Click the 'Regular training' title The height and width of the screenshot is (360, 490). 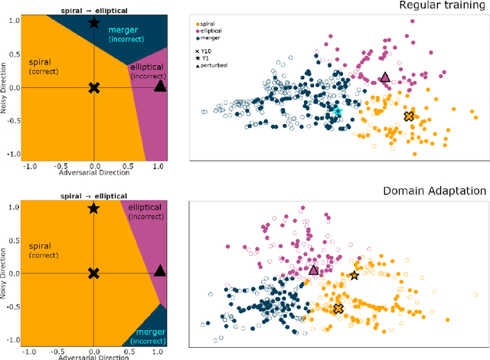[446, 5]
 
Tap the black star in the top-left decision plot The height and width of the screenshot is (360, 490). [93, 23]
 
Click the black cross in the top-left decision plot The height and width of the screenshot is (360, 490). [93, 87]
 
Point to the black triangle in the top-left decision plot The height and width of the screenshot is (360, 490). [159, 86]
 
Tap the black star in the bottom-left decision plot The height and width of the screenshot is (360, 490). [93, 208]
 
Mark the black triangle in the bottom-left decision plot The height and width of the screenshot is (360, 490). [159, 270]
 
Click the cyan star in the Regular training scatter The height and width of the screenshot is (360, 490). [337, 112]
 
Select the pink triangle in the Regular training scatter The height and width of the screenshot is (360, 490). [385, 77]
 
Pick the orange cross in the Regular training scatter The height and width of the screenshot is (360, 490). [409, 116]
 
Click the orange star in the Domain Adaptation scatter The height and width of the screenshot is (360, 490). [354, 275]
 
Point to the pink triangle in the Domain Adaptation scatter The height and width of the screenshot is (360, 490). [314, 269]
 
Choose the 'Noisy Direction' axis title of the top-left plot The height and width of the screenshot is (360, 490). [5, 87]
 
